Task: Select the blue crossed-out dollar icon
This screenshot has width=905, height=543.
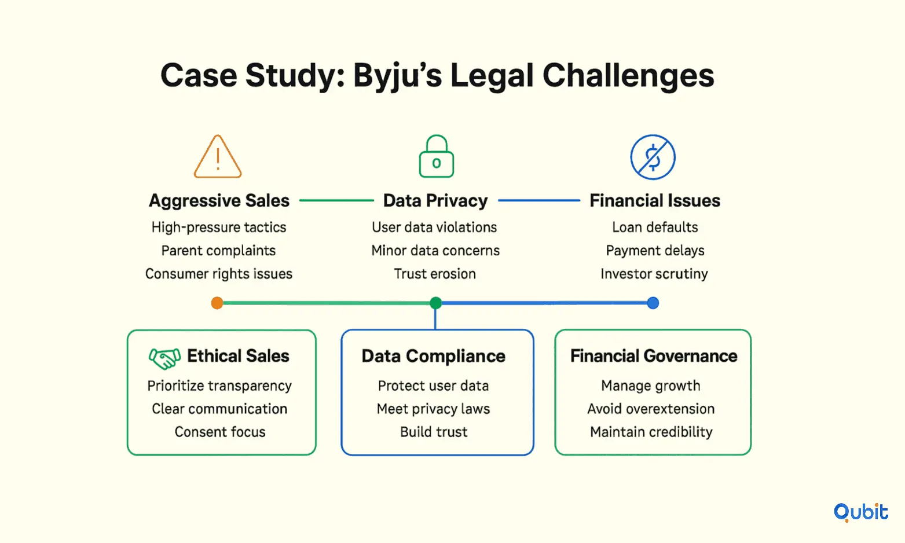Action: pos(653,157)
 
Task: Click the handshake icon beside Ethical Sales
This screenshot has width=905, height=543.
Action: pos(164,358)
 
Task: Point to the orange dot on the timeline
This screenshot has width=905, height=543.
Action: pos(217,303)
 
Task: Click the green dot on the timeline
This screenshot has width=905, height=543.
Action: pos(435,303)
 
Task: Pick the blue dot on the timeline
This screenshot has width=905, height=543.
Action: pos(653,303)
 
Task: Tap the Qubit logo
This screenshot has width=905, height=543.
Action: pos(861,512)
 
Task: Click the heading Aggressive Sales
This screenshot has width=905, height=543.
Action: pos(219,200)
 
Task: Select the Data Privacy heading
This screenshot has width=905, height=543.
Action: pos(435,201)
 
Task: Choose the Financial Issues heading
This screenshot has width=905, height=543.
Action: pos(655,200)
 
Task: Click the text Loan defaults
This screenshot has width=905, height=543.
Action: pos(655,227)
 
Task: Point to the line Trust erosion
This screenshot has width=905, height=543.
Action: pos(435,274)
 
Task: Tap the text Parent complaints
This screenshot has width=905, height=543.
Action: pos(218,251)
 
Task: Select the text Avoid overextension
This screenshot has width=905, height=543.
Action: pos(651,409)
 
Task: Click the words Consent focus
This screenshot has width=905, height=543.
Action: pos(220,432)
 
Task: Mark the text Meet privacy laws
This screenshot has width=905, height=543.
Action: pos(434,409)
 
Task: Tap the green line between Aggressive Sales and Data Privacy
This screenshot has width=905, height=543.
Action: pos(336,200)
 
